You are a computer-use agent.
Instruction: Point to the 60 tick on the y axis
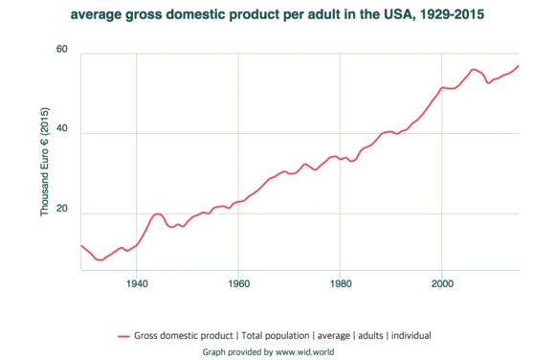pyautogui.click(x=62, y=50)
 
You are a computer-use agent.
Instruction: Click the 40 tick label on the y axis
pyautogui.click(x=62, y=133)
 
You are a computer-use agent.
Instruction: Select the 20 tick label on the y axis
pyautogui.click(x=62, y=214)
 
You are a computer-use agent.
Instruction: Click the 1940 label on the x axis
pyautogui.click(x=137, y=283)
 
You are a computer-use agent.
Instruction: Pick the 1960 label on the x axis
pyautogui.click(x=238, y=283)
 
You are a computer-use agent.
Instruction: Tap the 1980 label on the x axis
pyautogui.click(x=340, y=283)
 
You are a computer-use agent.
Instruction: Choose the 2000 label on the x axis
pyautogui.click(x=441, y=283)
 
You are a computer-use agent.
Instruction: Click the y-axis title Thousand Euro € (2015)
pyautogui.click(x=45, y=162)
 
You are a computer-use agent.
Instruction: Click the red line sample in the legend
pyautogui.click(x=122, y=336)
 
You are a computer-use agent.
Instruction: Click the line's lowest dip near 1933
pyautogui.click(x=100, y=259)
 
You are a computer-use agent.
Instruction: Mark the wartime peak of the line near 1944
pyautogui.click(x=158, y=214)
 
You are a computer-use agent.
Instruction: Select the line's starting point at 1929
pyautogui.click(x=81, y=245)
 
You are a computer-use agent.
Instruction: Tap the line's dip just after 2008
pyautogui.click(x=489, y=83)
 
